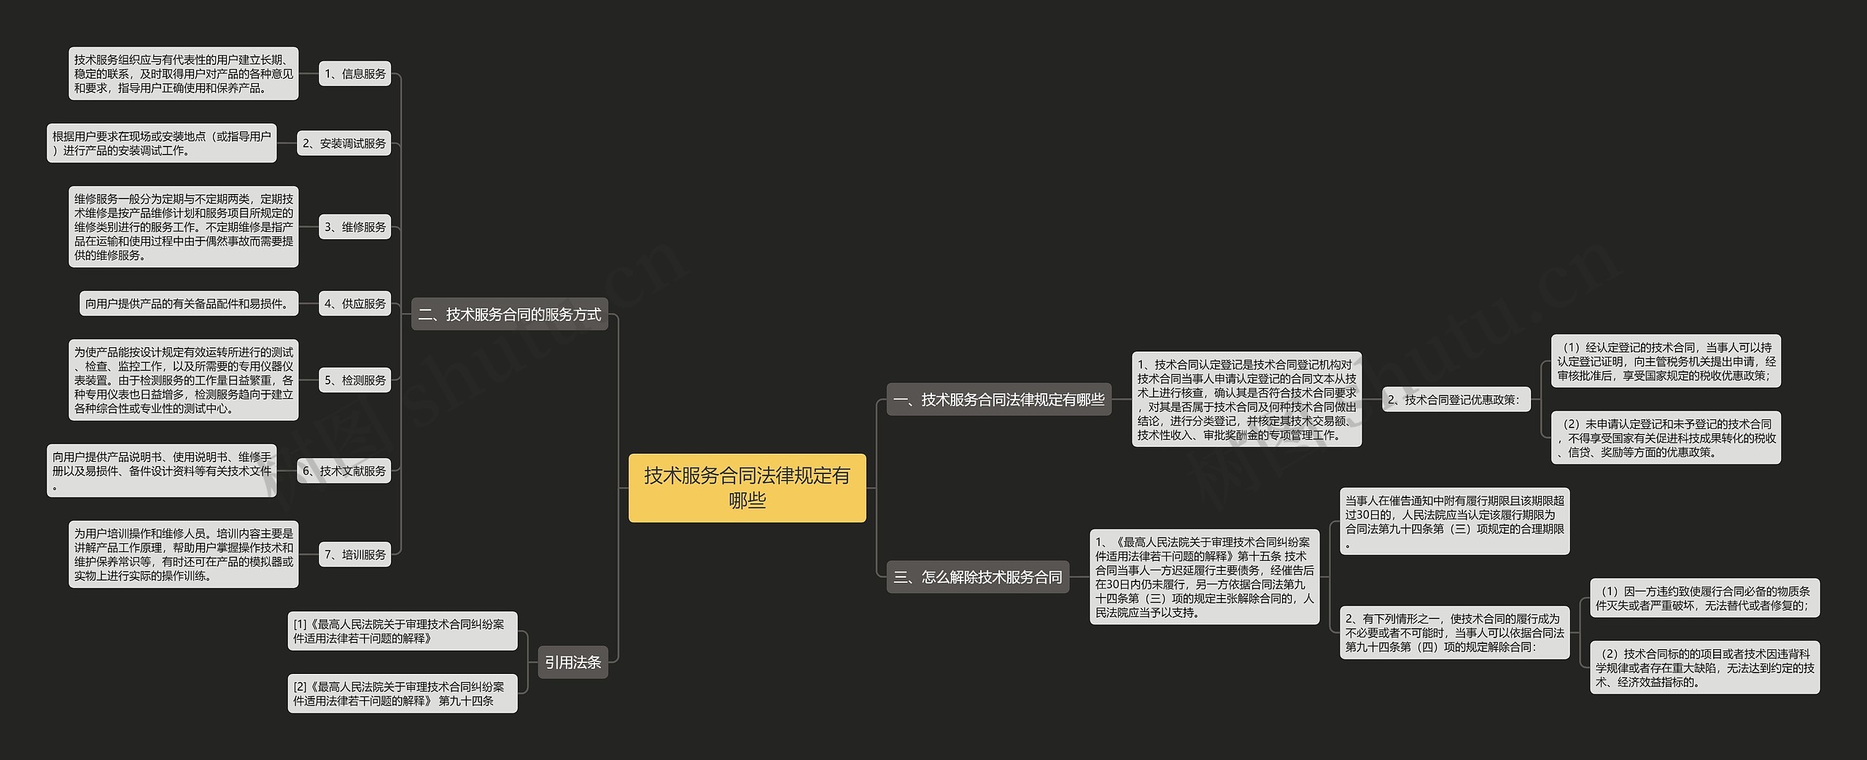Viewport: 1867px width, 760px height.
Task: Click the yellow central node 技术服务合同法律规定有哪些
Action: [x=747, y=487]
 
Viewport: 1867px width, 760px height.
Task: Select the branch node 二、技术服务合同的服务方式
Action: [x=509, y=314]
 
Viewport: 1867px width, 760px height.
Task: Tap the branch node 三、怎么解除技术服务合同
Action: [x=977, y=577]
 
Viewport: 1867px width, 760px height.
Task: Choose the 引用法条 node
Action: [x=572, y=662]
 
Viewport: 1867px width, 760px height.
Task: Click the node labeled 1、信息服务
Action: [x=354, y=74]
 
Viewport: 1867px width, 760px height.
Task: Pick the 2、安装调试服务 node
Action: [x=343, y=144]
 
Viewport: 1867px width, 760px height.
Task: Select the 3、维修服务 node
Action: [x=354, y=227]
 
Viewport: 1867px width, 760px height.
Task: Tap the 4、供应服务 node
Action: [x=354, y=303]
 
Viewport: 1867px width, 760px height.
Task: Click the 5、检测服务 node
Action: [x=354, y=380]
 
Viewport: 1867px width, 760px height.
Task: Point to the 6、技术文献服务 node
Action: [x=343, y=471]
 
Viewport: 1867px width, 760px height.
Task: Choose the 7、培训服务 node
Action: [x=354, y=555]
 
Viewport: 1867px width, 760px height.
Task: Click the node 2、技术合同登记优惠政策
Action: [x=1456, y=400]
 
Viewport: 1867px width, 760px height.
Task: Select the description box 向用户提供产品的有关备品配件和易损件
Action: [x=188, y=303]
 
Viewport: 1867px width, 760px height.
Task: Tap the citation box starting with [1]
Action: [x=402, y=631]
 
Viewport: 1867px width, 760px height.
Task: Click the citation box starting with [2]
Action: [x=402, y=694]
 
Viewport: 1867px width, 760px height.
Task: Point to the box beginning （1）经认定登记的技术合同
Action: [x=1665, y=361]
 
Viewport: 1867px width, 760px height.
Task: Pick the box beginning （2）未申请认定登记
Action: [x=1665, y=438]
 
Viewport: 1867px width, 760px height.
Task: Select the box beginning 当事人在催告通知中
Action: [x=1454, y=521]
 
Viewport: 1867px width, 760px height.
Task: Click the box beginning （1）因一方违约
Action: [x=1704, y=598]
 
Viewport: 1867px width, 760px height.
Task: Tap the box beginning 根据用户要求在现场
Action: [x=161, y=144]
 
